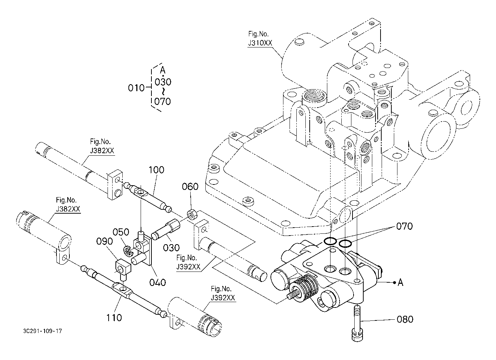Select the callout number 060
(190, 187)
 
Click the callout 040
(157, 282)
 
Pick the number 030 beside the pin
(171, 248)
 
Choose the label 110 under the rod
(114, 317)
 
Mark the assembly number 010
(136, 87)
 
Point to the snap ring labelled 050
(127, 251)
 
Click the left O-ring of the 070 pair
(330, 241)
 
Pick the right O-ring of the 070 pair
(345, 244)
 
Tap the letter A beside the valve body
(400, 283)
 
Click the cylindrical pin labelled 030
(166, 229)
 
